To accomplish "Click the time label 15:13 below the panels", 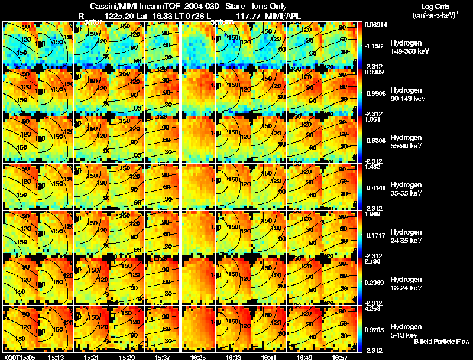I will tap(56, 357).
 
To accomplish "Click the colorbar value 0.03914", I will tap(376, 24).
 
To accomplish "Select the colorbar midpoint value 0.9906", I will tap(375, 93).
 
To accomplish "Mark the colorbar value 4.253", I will tap(373, 308).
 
